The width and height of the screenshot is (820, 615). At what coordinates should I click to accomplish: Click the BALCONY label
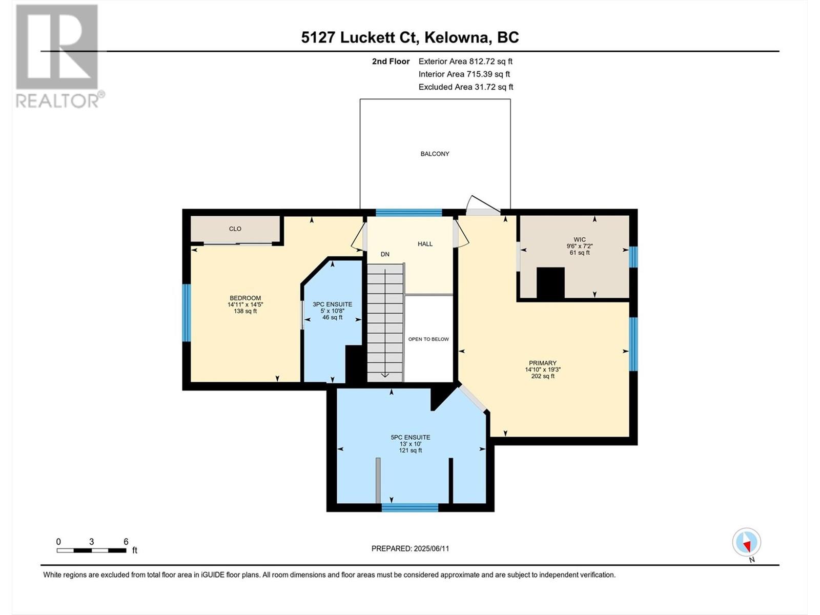tap(435, 154)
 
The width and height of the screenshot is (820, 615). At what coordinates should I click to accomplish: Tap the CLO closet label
tap(235, 229)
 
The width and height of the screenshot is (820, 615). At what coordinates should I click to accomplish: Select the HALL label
tap(425, 244)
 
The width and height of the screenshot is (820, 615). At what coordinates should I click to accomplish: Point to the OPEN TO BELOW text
tap(428, 339)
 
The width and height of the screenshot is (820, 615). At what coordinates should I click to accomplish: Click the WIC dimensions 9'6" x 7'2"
tap(580, 246)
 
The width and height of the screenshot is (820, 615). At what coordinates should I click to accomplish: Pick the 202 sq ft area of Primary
tap(543, 376)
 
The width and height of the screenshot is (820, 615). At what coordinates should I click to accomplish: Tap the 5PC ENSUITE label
tap(410, 437)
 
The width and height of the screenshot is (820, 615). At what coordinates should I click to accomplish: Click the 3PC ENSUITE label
tap(333, 304)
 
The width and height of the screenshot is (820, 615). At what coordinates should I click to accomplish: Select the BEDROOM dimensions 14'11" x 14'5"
tap(245, 304)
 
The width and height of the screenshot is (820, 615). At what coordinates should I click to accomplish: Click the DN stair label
tap(385, 254)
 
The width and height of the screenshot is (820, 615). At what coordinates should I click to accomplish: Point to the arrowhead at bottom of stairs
tap(385, 375)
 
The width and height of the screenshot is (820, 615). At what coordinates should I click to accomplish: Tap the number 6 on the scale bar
tap(126, 541)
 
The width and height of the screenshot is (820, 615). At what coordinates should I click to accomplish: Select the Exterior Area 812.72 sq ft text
tap(465, 61)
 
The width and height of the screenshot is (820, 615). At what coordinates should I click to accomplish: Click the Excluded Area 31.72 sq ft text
tap(466, 87)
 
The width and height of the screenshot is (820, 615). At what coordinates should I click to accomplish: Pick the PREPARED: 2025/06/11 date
tap(410, 548)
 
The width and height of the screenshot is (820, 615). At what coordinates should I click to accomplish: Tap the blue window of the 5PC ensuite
tap(410, 507)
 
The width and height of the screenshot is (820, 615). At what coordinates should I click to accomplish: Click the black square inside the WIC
tap(550, 283)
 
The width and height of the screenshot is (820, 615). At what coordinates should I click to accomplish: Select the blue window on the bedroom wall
tap(187, 313)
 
